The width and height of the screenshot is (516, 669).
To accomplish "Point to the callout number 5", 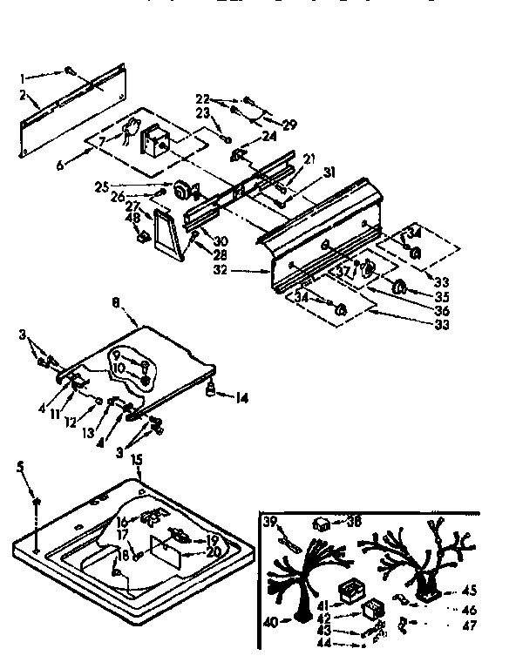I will pos(20,467).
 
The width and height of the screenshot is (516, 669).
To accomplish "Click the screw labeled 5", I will pos(36,503).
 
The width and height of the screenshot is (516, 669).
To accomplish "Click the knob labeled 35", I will pos(400,287).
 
